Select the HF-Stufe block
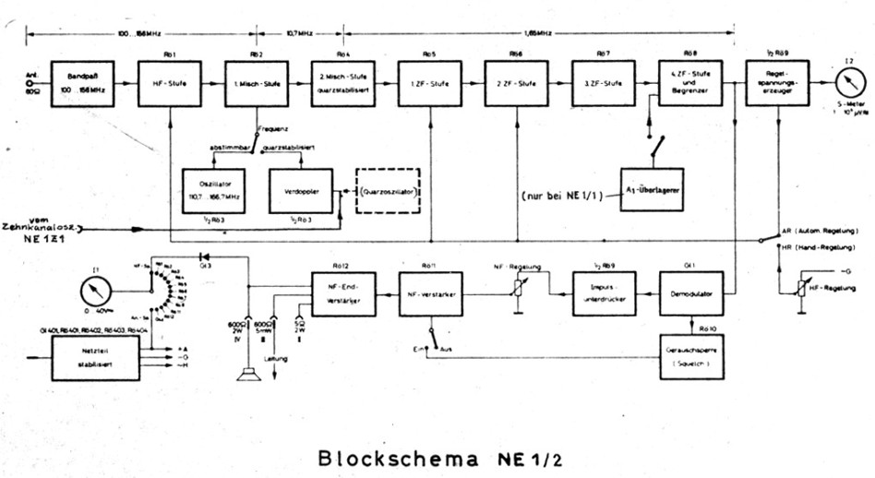pos(171,85)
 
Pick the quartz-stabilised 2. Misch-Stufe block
pos(343,85)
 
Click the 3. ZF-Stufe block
pos(603,85)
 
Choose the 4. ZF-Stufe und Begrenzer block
pos(689,85)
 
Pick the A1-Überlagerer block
pos(652,192)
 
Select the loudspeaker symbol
pos(246,373)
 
